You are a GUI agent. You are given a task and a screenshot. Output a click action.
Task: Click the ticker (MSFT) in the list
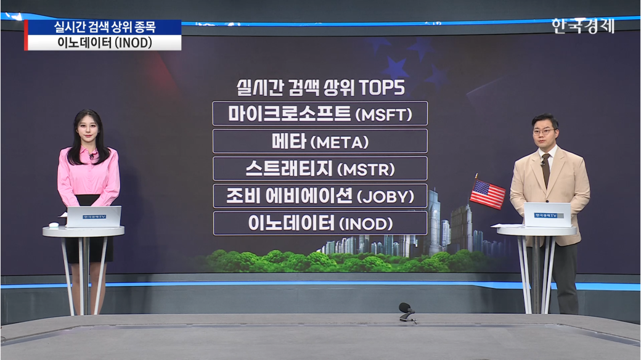(384, 115)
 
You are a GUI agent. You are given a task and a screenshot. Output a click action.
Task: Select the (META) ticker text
(340, 142)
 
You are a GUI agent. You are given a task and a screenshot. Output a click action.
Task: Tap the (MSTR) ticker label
(366, 170)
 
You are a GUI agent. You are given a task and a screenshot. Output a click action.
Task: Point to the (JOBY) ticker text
(385, 197)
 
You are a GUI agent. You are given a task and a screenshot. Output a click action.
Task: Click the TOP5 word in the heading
(382, 88)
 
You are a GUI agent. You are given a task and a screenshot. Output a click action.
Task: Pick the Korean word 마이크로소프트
(290, 113)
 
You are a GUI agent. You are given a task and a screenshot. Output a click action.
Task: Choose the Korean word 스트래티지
(290, 168)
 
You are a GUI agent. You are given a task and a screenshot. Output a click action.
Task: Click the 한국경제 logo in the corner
(583, 26)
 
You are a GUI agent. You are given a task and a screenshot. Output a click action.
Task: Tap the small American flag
(487, 194)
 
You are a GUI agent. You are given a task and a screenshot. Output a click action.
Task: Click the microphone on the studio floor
(407, 311)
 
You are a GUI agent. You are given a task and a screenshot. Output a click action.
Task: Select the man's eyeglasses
(545, 131)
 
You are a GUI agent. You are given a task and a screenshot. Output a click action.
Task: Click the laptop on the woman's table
(94, 216)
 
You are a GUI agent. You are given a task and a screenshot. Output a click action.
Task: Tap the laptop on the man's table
(547, 215)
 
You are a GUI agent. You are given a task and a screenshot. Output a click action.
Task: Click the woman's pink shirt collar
(88, 154)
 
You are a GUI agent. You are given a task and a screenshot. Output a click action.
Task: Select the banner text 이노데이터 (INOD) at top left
(105, 43)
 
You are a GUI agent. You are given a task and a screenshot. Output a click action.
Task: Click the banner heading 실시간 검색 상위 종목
(105, 27)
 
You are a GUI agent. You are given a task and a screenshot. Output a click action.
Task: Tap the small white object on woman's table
(54, 224)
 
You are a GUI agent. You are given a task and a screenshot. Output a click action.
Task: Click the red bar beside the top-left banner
(26, 35)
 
